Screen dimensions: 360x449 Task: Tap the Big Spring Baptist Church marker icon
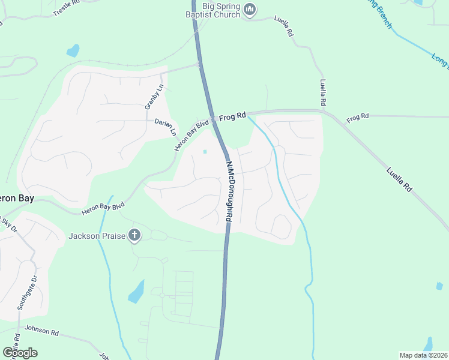click(x=250, y=10)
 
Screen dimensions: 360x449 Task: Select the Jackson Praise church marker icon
click(x=134, y=236)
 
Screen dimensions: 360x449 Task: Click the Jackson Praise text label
click(x=96, y=236)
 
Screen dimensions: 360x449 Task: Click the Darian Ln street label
click(x=165, y=125)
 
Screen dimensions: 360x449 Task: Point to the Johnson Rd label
click(x=41, y=330)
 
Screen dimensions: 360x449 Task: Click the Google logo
click(x=20, y=352)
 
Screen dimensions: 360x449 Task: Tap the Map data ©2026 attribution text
click(x=423, y=355)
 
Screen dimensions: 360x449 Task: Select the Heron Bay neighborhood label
click(x=15, y=198)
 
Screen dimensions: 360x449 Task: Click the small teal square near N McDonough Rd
click(x=205, y=151)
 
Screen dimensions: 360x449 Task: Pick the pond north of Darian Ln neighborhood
click(x=73, y=50)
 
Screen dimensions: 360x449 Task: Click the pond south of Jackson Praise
click(x=136, y=292)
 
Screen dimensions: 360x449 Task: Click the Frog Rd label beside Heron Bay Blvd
click(x=232, y=118)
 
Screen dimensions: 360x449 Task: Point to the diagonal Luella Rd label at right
click(x=399, y=179)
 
